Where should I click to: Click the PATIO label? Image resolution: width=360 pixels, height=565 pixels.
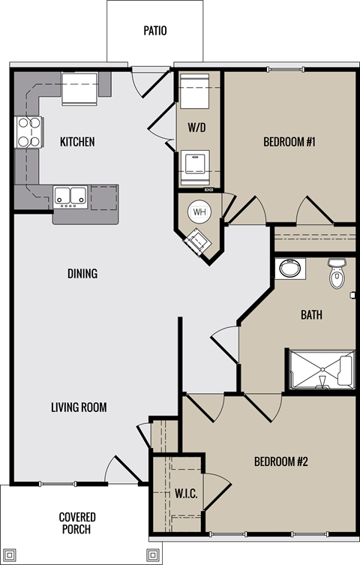click(x=154, y=32)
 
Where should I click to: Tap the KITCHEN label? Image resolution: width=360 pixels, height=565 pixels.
click(x=77, y=142)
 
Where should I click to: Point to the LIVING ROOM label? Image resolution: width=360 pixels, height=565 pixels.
click(x=79, y=407)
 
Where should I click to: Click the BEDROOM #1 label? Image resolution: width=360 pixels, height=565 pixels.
click(x=289, y=142)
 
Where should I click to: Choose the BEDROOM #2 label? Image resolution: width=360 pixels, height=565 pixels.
click(x=281, y=461)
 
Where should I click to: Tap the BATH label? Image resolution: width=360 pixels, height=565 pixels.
click(x=311, y=315)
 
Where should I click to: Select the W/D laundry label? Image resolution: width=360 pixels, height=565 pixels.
click(x=198, y=128)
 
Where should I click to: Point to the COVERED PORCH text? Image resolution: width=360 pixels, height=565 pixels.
click(x=77, y=523)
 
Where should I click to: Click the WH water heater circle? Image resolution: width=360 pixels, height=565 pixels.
click(x=199, y=212)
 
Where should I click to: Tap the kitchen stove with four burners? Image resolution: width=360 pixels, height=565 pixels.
click(x=28, y=133)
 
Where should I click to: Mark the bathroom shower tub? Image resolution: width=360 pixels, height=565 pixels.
click(x=321, y=369)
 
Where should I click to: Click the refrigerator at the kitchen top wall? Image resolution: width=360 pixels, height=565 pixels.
click(x=78, y=89)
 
